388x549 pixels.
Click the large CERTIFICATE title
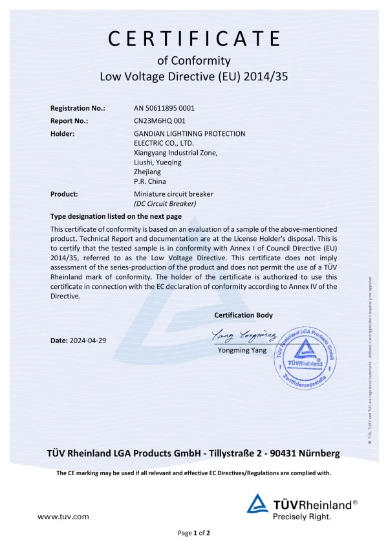(194, 38)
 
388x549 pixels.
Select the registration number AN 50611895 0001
(164, 108)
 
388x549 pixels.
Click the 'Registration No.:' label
(78, 108)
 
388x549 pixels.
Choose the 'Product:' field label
(64, 194)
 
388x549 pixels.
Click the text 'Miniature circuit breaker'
(173, 194)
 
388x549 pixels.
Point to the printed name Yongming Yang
(242, 350)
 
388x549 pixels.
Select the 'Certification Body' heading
(243, 315)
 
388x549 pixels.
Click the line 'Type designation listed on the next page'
(116, 216)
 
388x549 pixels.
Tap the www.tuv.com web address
(63, 517)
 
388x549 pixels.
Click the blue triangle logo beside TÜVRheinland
(257, 504)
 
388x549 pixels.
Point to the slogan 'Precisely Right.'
(302, 517)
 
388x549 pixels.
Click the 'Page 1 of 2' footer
(194, 533)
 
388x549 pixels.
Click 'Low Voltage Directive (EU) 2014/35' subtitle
(194, 76)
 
